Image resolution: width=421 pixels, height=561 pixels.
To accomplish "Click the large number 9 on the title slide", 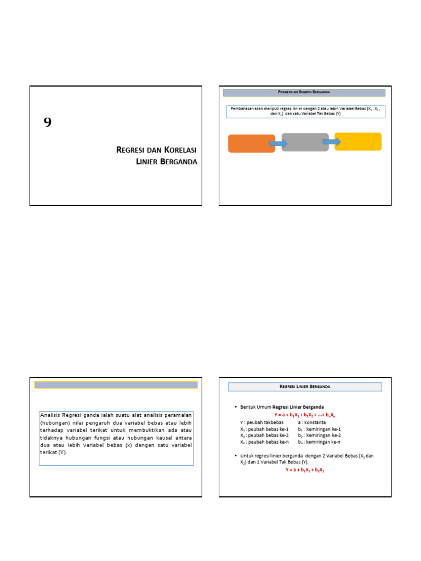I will [48, 123].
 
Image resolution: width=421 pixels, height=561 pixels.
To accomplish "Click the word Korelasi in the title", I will [176, 150].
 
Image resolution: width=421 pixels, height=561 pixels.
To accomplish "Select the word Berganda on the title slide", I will [178, 162].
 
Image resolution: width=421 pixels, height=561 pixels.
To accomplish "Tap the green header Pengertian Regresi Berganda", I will [304, 93].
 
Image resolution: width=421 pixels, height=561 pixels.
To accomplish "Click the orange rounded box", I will [251, 144].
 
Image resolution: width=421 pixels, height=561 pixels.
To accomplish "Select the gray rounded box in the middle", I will [305, 142].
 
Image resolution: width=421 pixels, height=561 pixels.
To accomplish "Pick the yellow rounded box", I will [358, 141].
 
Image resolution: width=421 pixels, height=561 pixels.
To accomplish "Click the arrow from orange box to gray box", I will [278, 144].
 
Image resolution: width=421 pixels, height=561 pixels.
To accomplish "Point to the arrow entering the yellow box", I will [332, 142].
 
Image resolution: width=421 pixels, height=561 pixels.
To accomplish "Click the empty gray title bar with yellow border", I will [116, 385].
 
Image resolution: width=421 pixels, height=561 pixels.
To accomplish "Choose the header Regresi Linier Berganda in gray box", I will [304, 387].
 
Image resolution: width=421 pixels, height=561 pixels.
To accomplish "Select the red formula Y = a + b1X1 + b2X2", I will [305, 470].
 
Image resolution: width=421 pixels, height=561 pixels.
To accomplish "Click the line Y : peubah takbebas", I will [261, 422].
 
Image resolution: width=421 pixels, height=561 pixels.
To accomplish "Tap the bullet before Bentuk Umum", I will [235, 408].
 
